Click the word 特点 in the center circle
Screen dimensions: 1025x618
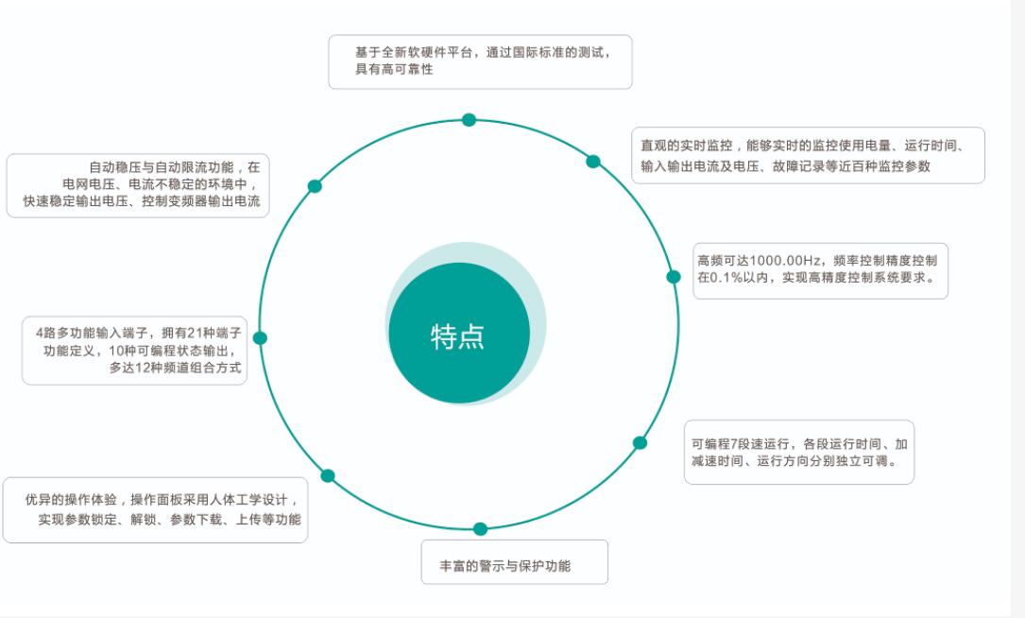coord(457,336)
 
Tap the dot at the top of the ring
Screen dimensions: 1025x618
coord(469,120)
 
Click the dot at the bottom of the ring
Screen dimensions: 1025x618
coord(480,528)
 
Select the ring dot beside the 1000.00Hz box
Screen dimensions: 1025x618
coord(674,277)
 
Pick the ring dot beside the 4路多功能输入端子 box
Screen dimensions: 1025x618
coord(260,338)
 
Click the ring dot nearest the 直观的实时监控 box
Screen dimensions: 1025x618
coord(593,162)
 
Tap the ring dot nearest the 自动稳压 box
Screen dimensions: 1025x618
coord(315,186)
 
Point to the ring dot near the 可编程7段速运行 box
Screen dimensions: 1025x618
coord(640,443)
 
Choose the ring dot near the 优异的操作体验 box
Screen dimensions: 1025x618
coord(328,475)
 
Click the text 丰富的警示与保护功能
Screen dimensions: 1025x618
coord(504,566)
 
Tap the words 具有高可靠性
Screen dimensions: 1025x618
coord(394,69)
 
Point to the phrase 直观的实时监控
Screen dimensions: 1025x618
coord(687,146)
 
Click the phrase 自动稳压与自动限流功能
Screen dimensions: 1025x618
coord(161,167)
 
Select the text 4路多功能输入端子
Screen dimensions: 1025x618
coord(93,333)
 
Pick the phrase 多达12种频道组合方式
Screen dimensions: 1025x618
coord(175,368)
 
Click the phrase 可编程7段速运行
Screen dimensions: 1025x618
coord(740,444)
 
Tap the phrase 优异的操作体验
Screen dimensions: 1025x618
coord(71,500)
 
